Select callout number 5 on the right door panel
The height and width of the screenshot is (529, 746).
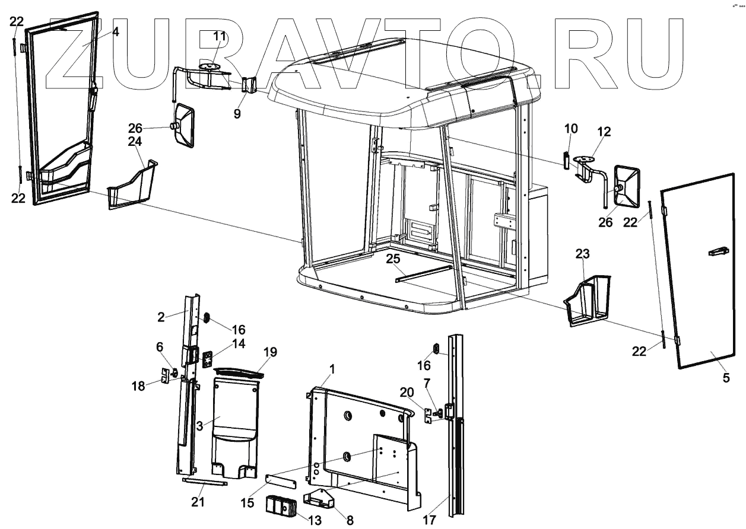coord(726,377)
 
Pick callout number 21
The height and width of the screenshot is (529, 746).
coord(198,502)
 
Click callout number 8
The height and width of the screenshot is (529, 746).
coord(350,521)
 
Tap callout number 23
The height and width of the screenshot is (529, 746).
coord(583,254)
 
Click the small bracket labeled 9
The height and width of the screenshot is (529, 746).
coord(249,85)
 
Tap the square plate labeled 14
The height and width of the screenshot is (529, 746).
coord(208,360)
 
